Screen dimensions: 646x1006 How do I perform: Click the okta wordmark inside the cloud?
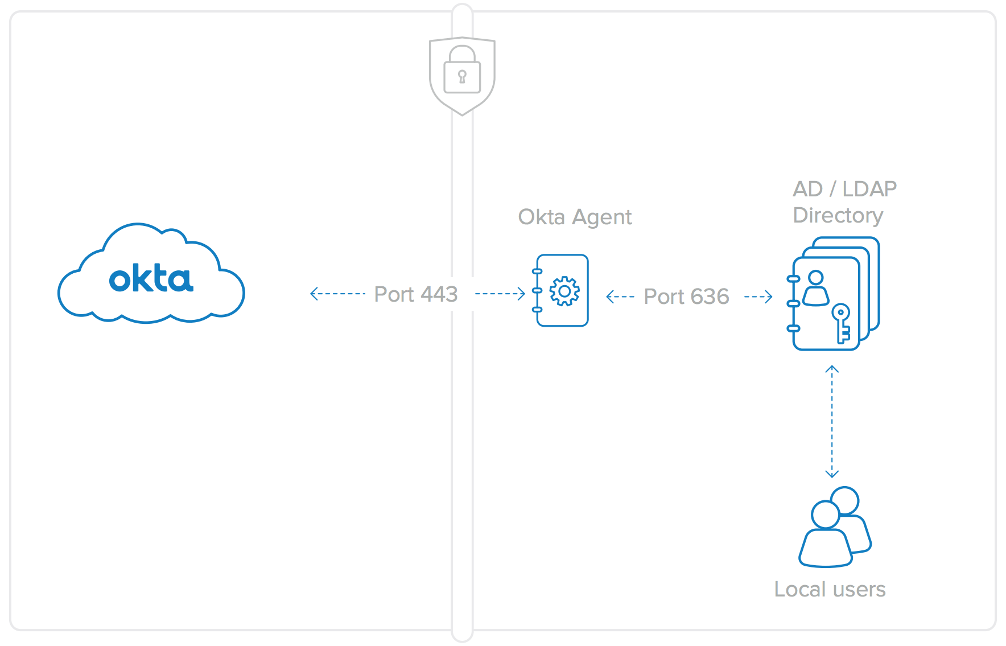tap(151, 278)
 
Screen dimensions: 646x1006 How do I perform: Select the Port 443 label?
tap(416, 294)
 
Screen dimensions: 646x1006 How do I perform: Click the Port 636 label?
tap(686, 297)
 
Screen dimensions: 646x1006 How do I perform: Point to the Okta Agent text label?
tap(575, 217)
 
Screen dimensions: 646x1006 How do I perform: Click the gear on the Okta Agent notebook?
tap(564, 291)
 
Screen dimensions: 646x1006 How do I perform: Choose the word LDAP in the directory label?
tap(869, 189)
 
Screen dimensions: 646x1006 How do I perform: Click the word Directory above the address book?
tap(838, 215)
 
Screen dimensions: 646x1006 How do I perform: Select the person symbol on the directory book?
tap(816, 288)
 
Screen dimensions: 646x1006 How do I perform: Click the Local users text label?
tap(830, 589)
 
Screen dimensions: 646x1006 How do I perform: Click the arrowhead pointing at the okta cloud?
tap(314, 294)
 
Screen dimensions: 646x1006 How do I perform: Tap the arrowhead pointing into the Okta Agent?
tap(521, 294)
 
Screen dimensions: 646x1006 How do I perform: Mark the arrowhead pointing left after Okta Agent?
tap(610, 297)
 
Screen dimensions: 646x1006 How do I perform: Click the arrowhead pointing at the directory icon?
tap(769, 297)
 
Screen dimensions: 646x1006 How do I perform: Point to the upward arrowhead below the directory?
tap(832, 369)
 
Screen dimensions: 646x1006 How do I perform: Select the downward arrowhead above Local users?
tap(832, 474)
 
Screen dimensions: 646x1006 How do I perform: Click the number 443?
tap(439, 294)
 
